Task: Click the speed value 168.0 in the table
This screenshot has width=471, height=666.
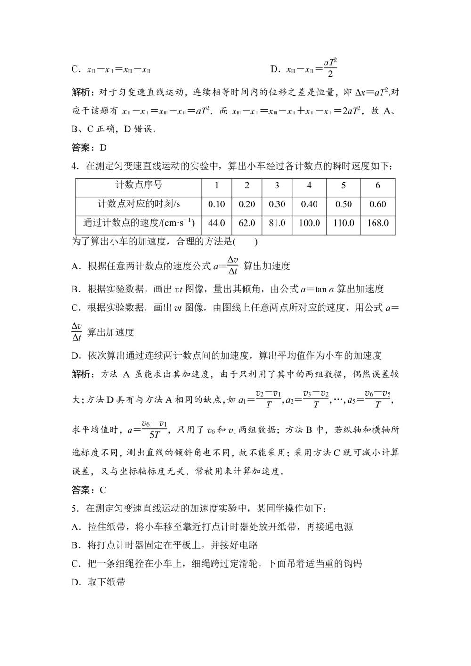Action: (378, 223)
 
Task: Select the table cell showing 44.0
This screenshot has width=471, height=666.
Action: (216, 223)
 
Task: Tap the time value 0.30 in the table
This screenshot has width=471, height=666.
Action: (277, 204)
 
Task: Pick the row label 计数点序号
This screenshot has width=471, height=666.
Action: (138, 185)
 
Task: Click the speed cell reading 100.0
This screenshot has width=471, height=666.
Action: (309, 223)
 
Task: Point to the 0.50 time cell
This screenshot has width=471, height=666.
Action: (343, 204)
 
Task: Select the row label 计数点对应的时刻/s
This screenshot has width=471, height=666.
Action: (138, 204)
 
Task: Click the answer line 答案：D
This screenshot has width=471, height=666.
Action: (89, 148)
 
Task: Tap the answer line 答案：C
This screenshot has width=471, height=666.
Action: (89, 490)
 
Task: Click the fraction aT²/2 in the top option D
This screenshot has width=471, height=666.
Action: (330, 69)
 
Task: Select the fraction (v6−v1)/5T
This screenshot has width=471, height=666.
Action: (154, 430)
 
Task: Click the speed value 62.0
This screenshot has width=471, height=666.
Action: (247, 223)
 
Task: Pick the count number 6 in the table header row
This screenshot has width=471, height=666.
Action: (378, 185)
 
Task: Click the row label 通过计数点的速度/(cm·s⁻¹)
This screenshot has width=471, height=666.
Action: (138, 223)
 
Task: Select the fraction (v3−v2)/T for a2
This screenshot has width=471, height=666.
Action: (316, 399)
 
